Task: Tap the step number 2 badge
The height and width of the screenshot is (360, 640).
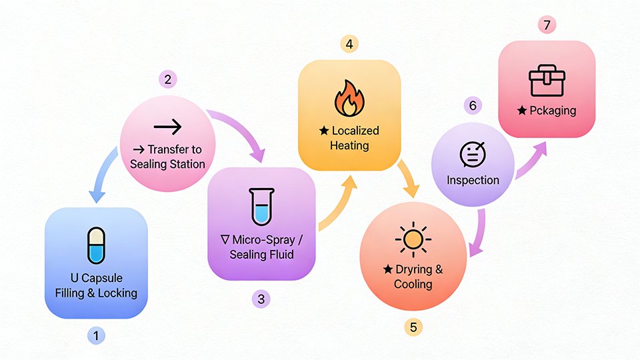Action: point(167,79)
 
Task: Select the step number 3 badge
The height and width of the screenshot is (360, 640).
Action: point(261,299)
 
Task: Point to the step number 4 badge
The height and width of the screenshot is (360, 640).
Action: point(349,45)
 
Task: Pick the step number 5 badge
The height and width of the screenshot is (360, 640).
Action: point(413,327)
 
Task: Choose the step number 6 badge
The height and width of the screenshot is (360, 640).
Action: point(473,105)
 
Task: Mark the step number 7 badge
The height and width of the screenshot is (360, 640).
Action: point(547,25)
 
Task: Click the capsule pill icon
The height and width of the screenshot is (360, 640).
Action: point(97,245)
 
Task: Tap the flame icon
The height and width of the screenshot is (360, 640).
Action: point(349,98)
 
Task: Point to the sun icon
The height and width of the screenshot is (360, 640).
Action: point(413,238)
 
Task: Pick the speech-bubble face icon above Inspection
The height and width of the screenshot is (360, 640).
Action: point(473,155)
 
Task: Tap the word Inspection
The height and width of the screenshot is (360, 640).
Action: point(473,180)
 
